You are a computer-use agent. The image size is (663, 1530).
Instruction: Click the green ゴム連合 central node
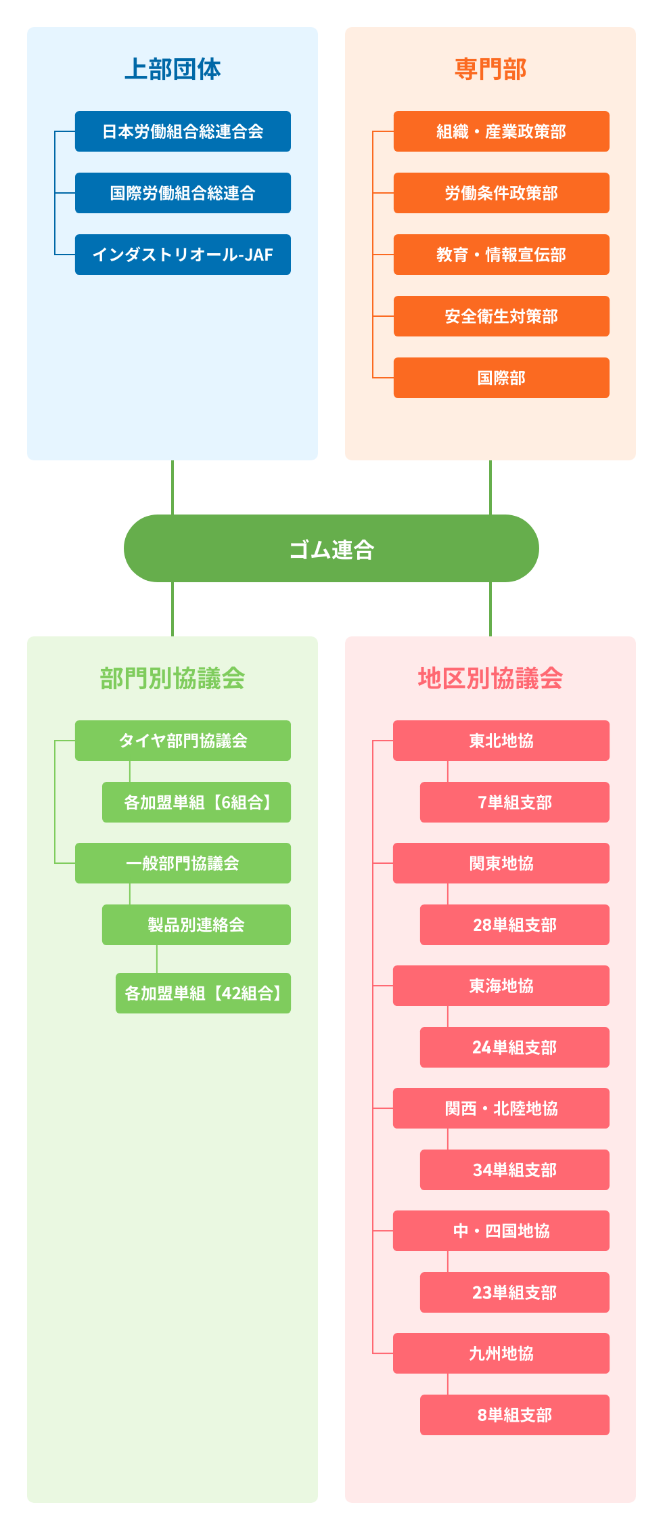coord(331,548)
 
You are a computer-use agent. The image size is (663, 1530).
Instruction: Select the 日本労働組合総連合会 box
coord(183,131)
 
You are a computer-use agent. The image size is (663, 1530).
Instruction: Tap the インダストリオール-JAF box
coord(183,255)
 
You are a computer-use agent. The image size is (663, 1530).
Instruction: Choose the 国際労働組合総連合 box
coord(183,193)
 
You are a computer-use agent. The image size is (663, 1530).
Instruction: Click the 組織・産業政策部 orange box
coord(501,131)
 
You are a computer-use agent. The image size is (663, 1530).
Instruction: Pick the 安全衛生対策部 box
coord(501,316)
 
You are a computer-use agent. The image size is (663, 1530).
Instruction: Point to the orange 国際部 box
coord(501,378)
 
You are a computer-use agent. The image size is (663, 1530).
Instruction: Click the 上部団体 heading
coord(173,69)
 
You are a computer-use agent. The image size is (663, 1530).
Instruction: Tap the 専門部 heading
coord(490,69)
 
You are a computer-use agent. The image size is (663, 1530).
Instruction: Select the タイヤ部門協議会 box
coord(183,741)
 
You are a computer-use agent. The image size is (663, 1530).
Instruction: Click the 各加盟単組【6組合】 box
coord(196,802)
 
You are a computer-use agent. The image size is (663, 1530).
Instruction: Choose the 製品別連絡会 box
coord(196,925)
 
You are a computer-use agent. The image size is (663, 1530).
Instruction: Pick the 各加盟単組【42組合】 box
coord(203,993)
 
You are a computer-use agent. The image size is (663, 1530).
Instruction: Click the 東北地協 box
coord(501,741)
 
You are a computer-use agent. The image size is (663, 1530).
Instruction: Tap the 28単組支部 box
coord(515,925)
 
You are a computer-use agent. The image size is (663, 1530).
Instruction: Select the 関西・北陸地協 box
coord(501,1108)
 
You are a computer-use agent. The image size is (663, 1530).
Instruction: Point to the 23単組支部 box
coord(515,1292)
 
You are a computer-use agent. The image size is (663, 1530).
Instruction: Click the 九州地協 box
coord(501,1353)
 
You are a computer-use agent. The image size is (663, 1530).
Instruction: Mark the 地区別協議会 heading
coord(490,678)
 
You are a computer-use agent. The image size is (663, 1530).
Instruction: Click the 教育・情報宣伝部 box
coord(501,255)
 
